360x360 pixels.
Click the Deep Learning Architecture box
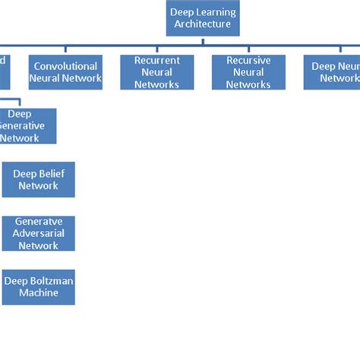tap(203, 17)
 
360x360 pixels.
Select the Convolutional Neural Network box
tap(65, 72)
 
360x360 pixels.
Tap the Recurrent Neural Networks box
tap(157, 72)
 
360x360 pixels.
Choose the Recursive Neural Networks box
tap(248, 72)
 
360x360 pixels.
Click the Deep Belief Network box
tap(39, 179)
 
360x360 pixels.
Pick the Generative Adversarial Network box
tap(39, 233)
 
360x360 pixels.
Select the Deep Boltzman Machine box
tap(39, 287)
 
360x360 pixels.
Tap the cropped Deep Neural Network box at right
tap(332, 72)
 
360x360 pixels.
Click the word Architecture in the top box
tap(203, 24)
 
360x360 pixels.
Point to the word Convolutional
tap(65, 66)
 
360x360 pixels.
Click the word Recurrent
tap(157, 60)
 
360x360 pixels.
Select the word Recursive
tap(248, 60)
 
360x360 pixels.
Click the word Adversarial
tap(39, 233)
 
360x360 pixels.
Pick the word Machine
tap(39, 293)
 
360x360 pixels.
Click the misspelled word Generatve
tap(39, 221)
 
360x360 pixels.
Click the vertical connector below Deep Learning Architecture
tap(203, 40)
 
